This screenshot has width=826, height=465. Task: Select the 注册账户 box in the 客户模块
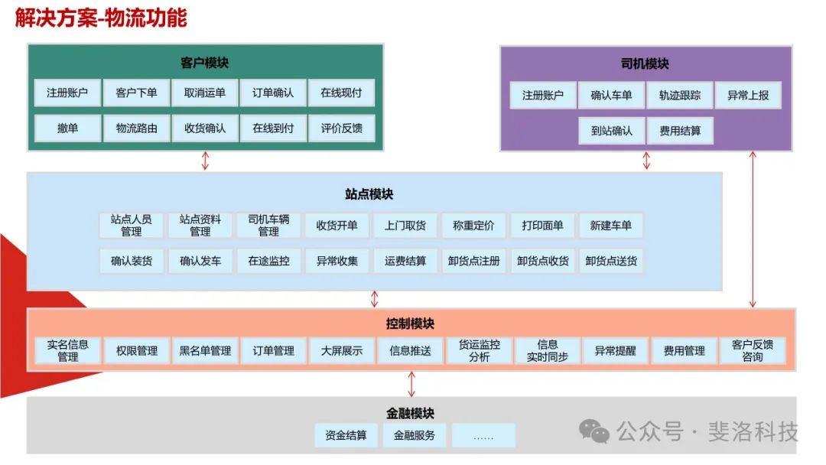coord(67,93)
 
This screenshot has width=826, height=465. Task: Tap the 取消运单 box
coord(205,93)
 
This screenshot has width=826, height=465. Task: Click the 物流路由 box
coord(136,128)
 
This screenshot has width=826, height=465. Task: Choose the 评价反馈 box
coord(342,128)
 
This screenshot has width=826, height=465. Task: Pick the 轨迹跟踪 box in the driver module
coord(680,96)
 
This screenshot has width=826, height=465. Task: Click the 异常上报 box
coord(748,96)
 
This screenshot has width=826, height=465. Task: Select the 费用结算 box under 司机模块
coord(680,131)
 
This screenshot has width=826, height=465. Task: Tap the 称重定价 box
coord(473,226)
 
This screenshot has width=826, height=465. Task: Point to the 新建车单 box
coord(611,226)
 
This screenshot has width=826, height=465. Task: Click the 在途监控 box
coord(268,261)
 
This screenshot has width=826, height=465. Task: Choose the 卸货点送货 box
coord(611,261)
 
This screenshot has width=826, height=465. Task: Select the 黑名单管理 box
coord(205,351)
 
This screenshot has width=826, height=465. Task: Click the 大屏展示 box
coord(342,351)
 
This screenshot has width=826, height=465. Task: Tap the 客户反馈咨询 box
coord(752,351)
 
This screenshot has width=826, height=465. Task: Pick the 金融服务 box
coord(415,436)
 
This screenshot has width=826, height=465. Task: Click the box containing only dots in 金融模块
coord(483,436)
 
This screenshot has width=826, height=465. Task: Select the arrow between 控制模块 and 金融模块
coord(411,384)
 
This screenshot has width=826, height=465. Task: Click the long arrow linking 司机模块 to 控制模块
coord(753,229)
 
